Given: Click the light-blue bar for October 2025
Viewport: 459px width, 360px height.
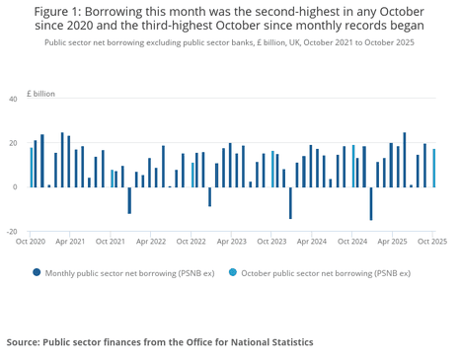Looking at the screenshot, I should click(x=433, y=169).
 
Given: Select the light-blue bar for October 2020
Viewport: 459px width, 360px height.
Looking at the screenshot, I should click(x=31, y=168).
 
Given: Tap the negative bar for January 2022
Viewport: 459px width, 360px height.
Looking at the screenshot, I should click(x=129, y=199).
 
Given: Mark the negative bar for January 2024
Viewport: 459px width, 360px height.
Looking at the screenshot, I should click(x=290, y=202).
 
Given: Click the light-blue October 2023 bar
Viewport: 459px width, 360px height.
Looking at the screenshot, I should click(x=272, y=170).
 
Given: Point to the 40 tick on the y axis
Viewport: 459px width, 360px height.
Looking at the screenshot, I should click(x=13, y=100).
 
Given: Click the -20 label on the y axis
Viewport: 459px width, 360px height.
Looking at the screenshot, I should click(x=11, y=231).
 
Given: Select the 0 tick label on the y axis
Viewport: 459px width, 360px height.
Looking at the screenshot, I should click(x=15, y=187).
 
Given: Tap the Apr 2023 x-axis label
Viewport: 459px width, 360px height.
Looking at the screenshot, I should click(x=231, y=241).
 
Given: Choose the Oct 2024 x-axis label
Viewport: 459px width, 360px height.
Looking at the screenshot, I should click(x=352, y=241).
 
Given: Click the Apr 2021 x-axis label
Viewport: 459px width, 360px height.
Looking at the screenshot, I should click(x=69, y=241).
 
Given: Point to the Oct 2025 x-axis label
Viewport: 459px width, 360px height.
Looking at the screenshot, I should click(x=431, y=241).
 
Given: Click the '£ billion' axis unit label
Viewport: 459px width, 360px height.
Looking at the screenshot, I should click(x=40, y=93).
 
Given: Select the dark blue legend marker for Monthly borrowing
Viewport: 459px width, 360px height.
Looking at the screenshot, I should click(x=37, y=272).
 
